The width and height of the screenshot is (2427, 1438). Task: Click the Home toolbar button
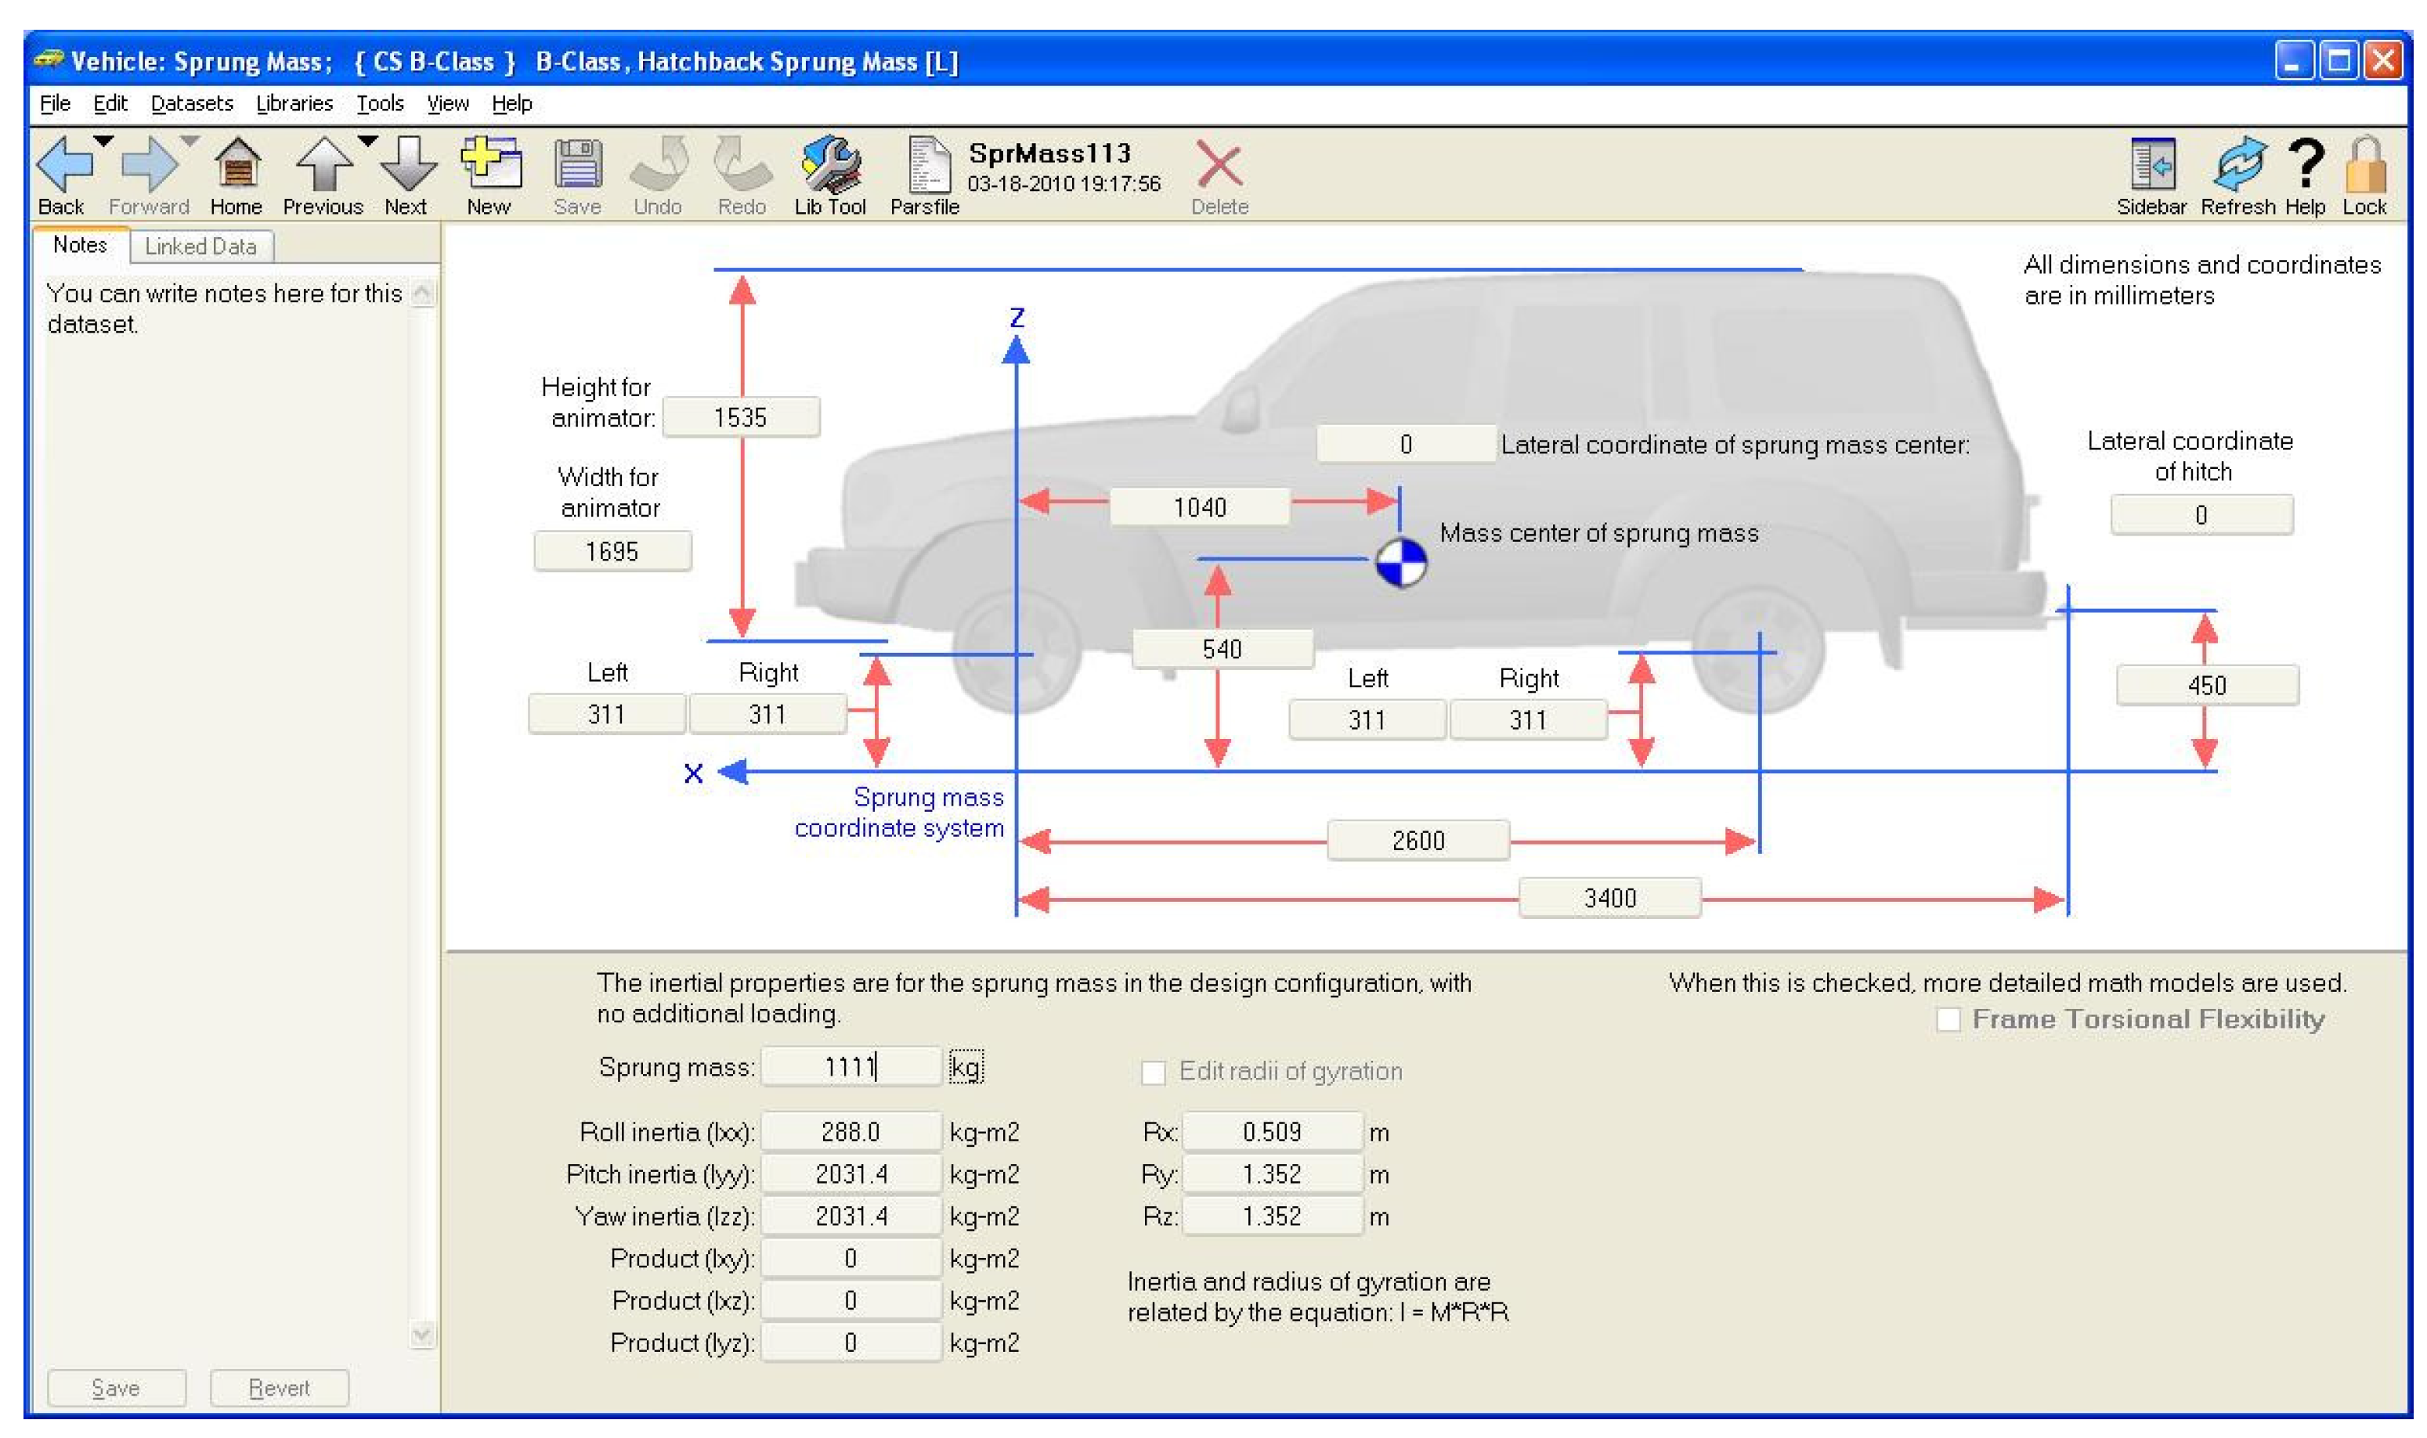237,176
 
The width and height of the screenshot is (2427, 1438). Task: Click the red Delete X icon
1219,164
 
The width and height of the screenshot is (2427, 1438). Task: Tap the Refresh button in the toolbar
2237,176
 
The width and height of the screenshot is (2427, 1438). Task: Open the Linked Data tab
200,246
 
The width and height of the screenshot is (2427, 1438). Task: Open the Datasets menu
192,103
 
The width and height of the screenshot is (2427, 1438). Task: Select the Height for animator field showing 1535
742,418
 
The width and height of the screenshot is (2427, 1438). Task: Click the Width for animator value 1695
612,551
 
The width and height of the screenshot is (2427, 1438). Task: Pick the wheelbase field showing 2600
1418,840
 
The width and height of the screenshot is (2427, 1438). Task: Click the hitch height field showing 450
2207,685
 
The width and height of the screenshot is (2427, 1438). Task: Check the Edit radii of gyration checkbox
1154,1072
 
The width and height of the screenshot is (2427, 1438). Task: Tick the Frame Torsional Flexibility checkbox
1948,1019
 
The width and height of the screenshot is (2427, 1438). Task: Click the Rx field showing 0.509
1273,1132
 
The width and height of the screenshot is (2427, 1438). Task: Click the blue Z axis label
1017,318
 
